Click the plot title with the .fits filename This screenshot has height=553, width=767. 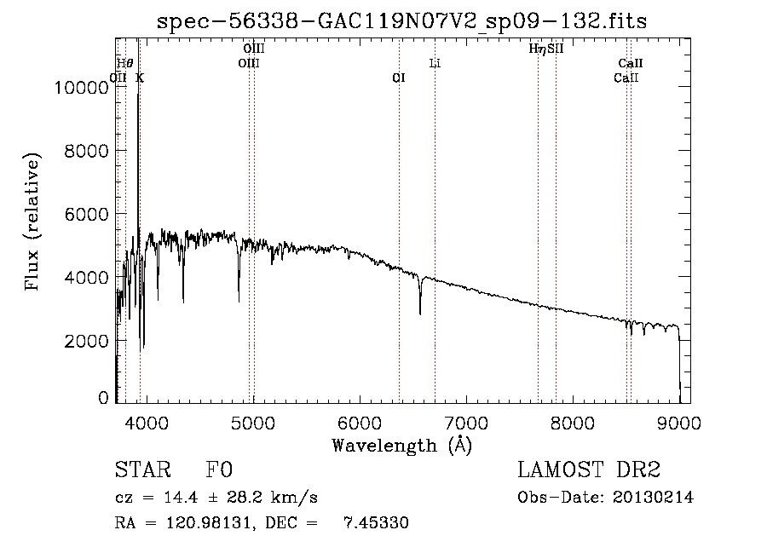click(402, 22)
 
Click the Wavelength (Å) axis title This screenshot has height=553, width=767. click(401, 444)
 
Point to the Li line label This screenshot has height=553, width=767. click(435, 63)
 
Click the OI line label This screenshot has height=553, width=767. click(398, 78)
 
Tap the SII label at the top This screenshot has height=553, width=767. click(556, 49)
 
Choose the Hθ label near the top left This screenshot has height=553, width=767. click(124, 63)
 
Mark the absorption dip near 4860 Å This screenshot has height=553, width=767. click(239, 298)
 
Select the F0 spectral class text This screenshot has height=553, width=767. click(220, 470)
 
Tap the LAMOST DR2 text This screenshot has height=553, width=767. click(588, 470)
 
